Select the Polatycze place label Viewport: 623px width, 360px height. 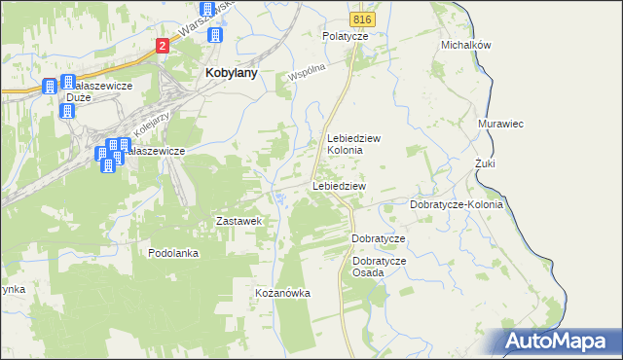[x=346, y=35]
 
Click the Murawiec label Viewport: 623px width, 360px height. [x=501, y=125]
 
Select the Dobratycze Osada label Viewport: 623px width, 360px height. [x=380, y=267]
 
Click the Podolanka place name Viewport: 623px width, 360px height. [x=173, y=253]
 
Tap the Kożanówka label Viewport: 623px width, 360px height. [x=281, y=293]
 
